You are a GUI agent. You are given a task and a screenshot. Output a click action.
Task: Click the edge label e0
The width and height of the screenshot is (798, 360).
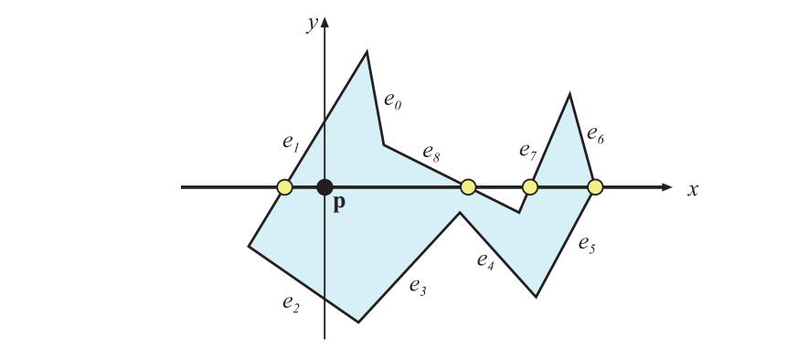click(x=393, y=101)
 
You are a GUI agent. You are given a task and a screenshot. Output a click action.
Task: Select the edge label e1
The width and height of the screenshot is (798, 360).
click(x=291, y=143)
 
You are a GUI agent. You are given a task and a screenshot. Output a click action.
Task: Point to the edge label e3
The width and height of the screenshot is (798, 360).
click(x=418, y=288)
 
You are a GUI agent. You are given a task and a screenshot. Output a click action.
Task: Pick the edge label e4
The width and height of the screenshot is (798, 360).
click(x=485, y=259)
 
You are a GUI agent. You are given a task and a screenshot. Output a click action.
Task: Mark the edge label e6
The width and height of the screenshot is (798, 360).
click(x=595, y=137)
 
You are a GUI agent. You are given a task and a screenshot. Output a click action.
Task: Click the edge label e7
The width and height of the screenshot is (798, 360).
click(x=527, y=150)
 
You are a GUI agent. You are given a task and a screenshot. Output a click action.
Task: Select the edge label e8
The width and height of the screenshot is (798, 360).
click(x=431, y=154)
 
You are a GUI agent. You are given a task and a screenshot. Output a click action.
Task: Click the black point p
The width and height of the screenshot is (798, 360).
click(x=325, y=187)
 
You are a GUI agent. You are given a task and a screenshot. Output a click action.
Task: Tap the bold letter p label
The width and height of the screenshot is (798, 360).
click(x=338, y=204)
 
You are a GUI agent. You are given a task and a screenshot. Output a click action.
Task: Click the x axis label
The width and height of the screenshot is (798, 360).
click(x=693, y=189)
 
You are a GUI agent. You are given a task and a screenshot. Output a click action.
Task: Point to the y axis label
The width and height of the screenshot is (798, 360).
click(x=312, y=24)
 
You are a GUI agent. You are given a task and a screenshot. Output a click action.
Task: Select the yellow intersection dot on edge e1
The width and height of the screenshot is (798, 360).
click(x=284, y=187)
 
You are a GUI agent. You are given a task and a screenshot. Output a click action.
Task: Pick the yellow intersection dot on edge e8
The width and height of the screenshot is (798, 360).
click(x=468, y=187)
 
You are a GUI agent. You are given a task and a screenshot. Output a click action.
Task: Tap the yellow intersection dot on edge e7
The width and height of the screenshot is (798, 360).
click(x=529, y=187)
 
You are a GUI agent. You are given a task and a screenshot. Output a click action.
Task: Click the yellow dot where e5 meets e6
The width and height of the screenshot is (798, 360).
click(x=595, y=187)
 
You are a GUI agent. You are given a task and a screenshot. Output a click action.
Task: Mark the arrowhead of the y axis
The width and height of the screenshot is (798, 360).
click(x=325, y=21)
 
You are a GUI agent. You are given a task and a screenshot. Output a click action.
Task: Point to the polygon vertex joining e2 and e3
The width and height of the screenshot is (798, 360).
click(x=358, y=322)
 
